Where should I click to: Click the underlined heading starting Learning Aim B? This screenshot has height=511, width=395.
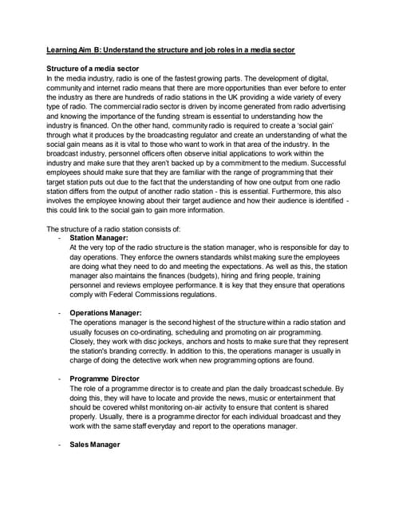169,50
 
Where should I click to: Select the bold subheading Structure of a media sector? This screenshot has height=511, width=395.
97,69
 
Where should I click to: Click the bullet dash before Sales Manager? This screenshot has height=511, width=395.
61,444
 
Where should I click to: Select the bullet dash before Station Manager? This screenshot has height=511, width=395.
61,237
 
